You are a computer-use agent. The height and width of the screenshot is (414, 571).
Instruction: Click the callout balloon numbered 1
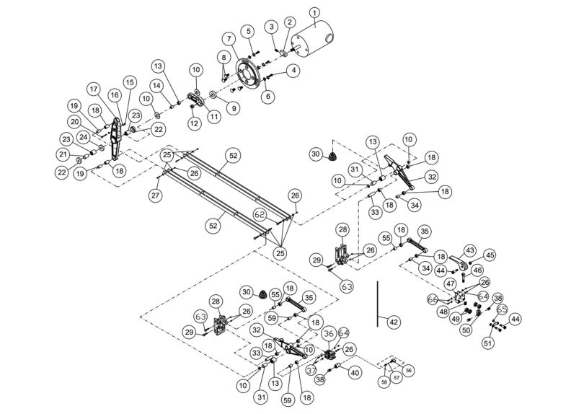coord(314,12)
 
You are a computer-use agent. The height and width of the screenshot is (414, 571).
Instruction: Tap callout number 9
coord(232,108)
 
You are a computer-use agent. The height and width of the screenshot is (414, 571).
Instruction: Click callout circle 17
coord(94,89)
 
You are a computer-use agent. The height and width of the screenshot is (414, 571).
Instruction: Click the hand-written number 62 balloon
coord(260,214)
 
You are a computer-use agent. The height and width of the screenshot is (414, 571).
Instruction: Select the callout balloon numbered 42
coord(392,322)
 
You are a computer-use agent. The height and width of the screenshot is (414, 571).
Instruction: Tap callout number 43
coord(470,250)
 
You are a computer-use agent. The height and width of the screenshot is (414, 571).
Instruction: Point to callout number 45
coord(490,255)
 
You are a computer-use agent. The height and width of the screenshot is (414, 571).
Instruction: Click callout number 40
coord(354,372)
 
